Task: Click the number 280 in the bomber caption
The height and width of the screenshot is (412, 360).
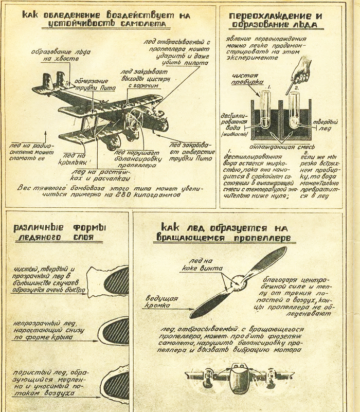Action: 125,196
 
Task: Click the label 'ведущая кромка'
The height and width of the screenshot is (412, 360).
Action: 162,302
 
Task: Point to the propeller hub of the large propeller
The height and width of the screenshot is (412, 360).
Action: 238,281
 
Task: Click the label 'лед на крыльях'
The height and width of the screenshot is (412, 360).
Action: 75,158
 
